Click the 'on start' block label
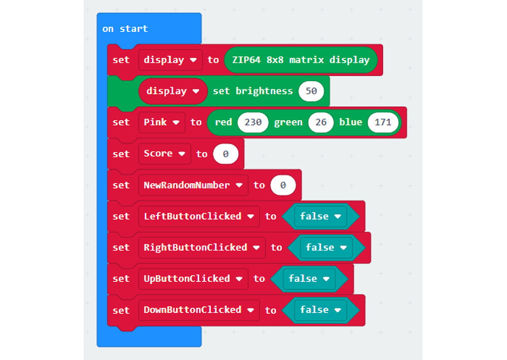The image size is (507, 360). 125,29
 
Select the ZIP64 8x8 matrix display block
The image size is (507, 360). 301,60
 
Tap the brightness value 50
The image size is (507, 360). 311,91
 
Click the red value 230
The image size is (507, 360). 252,122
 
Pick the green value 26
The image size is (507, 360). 320,122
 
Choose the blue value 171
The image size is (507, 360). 383,122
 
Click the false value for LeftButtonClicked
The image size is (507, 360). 320,216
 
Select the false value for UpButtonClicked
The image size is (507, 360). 309,278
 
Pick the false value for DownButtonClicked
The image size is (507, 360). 320,310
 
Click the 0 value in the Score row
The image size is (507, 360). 226,154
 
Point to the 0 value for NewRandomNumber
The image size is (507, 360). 283,185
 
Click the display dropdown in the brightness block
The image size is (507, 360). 172,91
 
